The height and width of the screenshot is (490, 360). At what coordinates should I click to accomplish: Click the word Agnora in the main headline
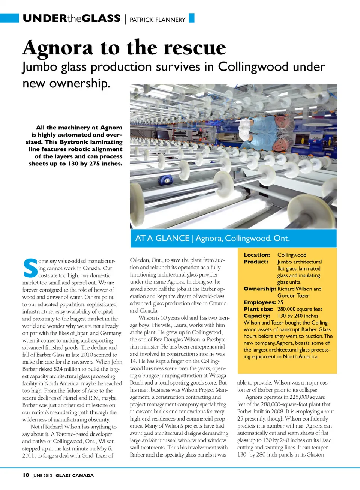tap(57, 48)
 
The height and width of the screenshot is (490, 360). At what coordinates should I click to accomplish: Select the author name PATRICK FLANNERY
tap(157, 20)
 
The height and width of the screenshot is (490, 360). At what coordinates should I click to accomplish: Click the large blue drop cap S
tap(30, 268)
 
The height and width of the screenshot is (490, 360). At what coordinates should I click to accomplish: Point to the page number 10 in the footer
tap(25, 475)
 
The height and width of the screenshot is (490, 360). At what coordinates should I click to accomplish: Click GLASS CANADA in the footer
tap(75, 475)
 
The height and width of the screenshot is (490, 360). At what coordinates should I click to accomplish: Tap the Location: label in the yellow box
tap(256, 255)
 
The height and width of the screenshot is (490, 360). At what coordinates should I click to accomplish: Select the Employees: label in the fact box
tap(259, 302)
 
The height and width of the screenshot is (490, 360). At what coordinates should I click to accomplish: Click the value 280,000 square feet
tap(300, 309)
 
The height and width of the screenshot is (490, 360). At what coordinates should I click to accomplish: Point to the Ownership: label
tap(259, 289)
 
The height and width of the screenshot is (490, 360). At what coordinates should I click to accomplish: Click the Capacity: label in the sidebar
tap(256, 316)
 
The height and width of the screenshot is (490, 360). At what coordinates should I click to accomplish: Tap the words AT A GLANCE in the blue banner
tap(162, 238)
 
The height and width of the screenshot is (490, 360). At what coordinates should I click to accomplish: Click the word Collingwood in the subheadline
tap(253, 67)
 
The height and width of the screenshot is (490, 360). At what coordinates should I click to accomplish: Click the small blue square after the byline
tap(192, 18)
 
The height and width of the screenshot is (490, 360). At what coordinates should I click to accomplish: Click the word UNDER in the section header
tap(45, 18)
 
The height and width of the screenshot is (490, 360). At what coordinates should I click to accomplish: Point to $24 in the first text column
tap(59, 369)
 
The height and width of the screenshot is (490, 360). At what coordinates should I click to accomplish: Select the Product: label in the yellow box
tap(256, 262)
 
